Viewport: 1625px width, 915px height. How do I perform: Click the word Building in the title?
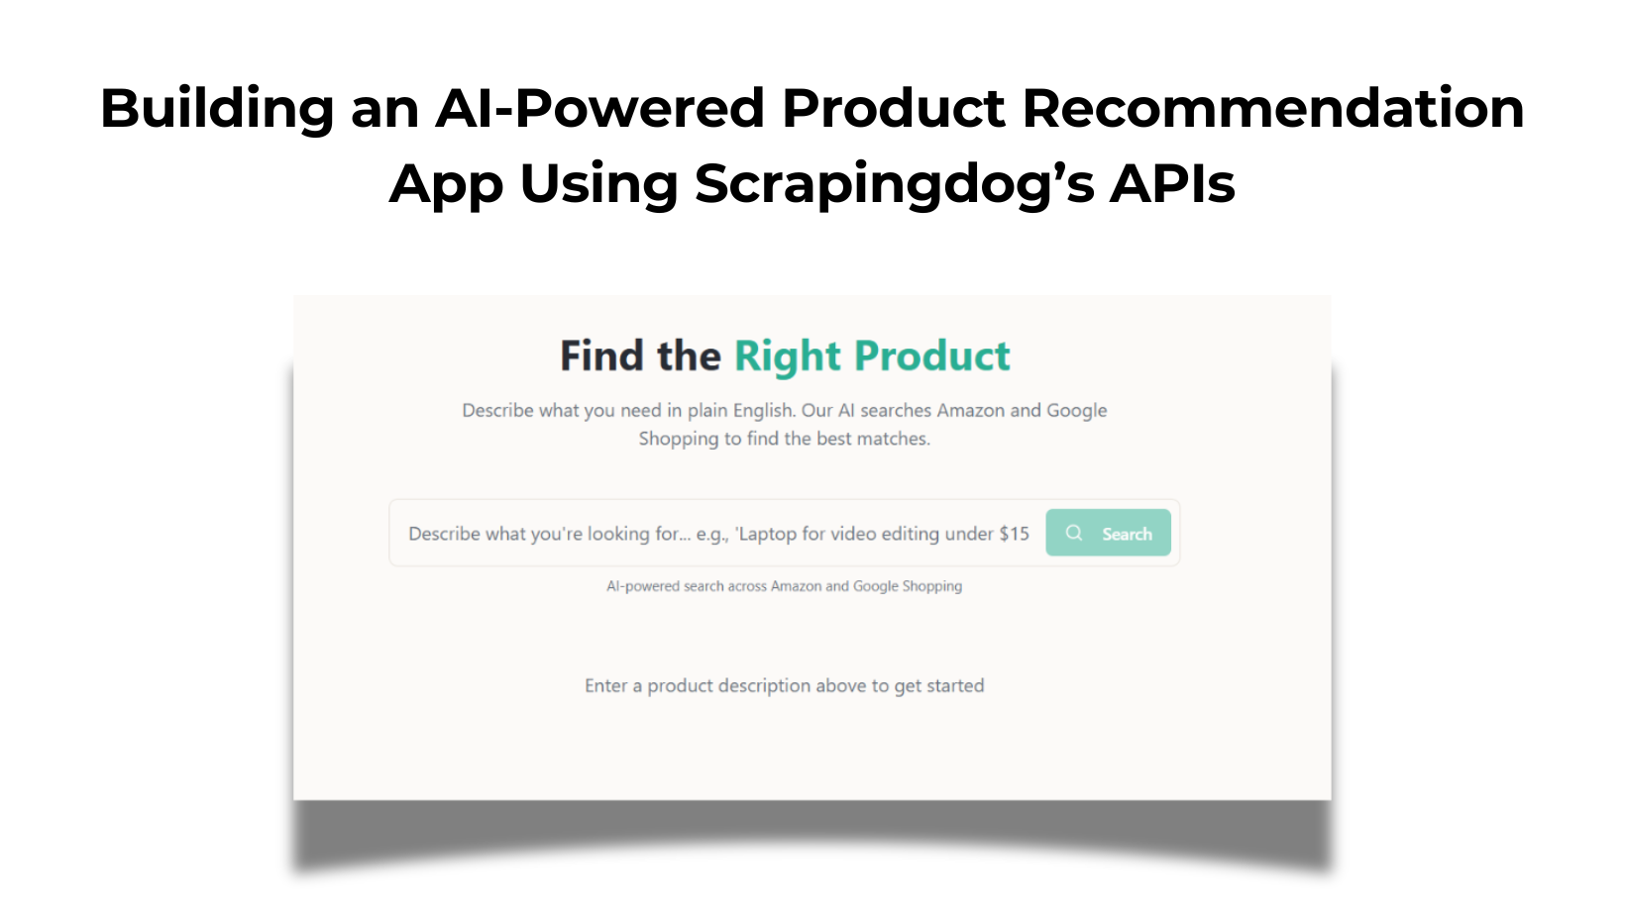click(217, 108)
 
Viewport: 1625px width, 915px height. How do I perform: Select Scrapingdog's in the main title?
click(894, 184)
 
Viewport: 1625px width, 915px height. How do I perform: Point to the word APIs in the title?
click(1172, 184)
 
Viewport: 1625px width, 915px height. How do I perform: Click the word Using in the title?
click(598, 184)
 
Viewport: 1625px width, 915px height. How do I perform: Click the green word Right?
click(788, 356)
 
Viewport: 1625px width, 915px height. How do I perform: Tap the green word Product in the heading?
click(932, 356)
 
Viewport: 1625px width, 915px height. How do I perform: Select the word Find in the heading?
click(601, 356)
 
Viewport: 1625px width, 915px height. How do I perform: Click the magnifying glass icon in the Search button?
click(1074, 533)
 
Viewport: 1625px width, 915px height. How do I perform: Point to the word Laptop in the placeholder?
click(767, 534)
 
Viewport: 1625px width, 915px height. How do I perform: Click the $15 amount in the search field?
click(1014, 534)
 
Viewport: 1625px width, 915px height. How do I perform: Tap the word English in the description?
click(764, 410)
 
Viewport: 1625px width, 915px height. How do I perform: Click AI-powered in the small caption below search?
click(643, 586)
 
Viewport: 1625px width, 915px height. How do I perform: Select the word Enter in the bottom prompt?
click(606, 685)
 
